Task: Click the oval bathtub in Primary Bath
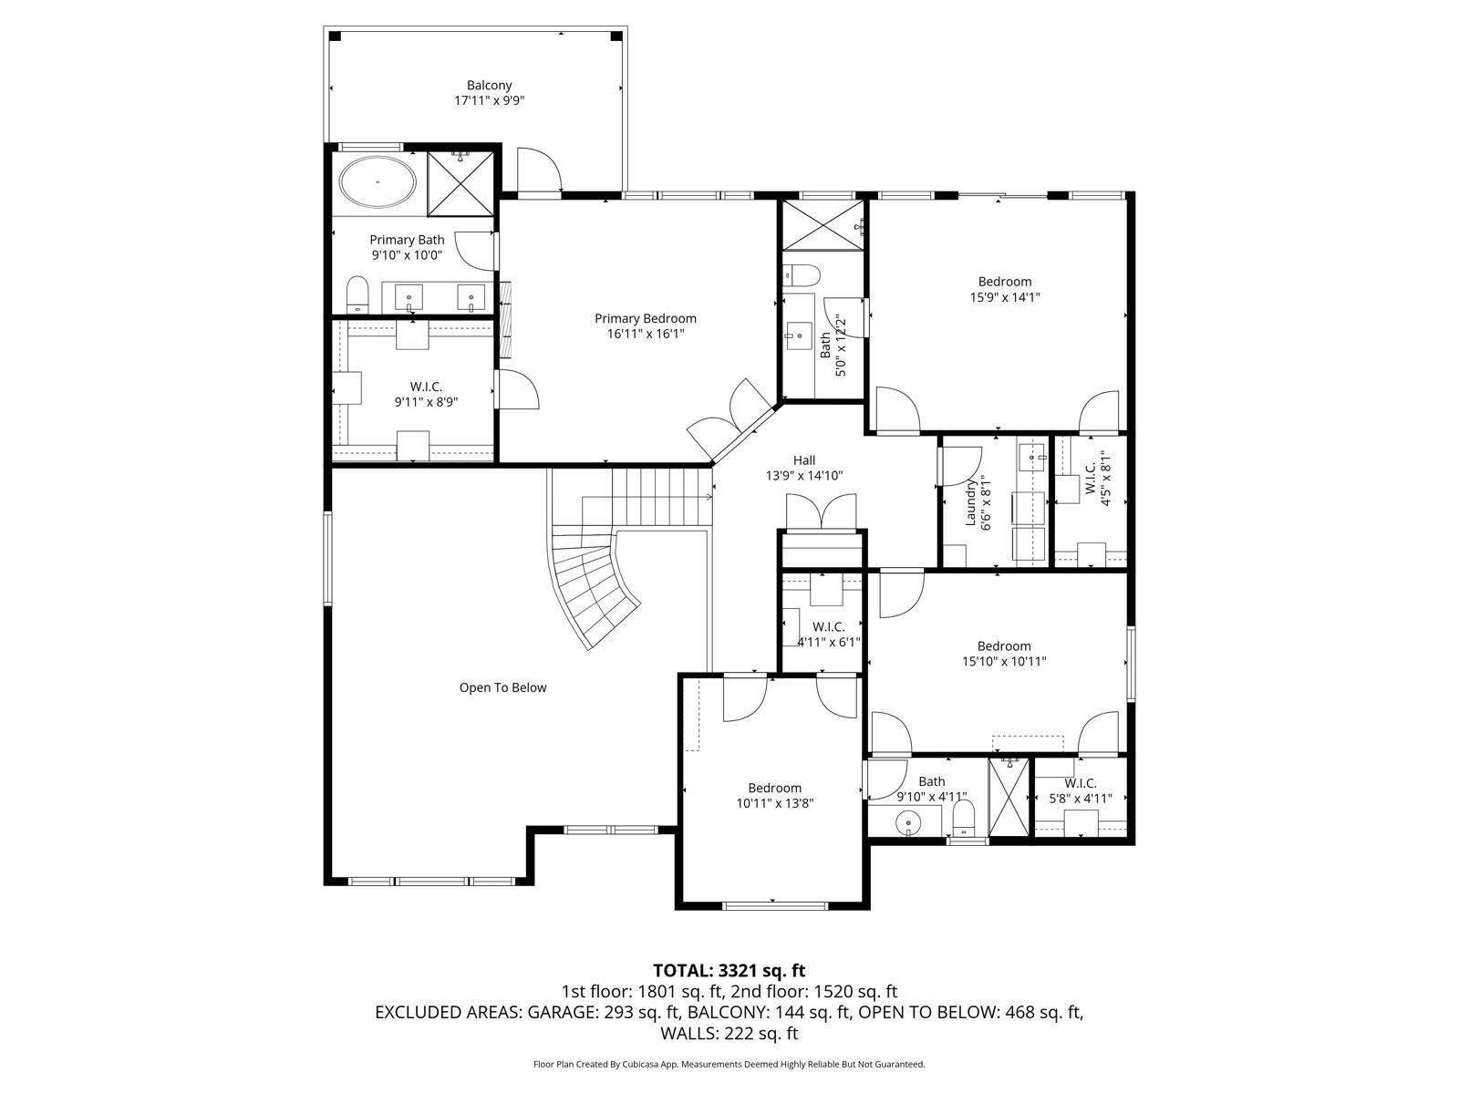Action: (378, 182)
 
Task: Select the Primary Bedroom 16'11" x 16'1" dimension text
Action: (645, 335)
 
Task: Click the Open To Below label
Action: (502, 688)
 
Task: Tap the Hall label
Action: (803, 460)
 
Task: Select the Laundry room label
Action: (971, 504)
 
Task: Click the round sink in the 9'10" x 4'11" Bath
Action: (908, 824)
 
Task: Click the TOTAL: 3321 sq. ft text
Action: (729, 970)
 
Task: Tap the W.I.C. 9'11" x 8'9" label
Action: (426, 394)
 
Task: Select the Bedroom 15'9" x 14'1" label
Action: (1005, 289)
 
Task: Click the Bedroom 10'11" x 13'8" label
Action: (774, 795)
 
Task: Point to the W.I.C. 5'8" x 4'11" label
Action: (1081, 790)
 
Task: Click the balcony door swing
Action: (538, 171)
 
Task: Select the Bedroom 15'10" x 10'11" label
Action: (1004, 654)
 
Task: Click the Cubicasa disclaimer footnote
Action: (729, 1064)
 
